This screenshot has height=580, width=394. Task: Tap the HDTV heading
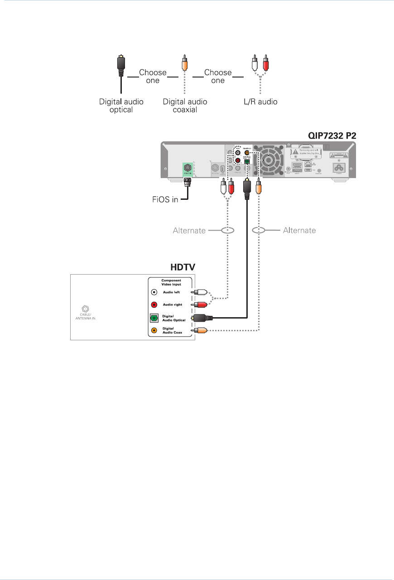pos(181,267)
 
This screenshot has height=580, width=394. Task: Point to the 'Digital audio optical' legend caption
pos(121,106)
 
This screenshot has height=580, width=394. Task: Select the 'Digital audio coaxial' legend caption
pos(185,106)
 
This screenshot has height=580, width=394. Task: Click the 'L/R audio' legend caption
pos(260,102)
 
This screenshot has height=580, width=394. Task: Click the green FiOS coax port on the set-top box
pos(187,168)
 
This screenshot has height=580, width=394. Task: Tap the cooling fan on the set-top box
pos(269,160)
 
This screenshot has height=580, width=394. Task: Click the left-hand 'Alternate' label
pos(189,230)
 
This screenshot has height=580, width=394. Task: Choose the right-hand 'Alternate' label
pos(299,230)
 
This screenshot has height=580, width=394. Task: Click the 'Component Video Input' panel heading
pos(171,282)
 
